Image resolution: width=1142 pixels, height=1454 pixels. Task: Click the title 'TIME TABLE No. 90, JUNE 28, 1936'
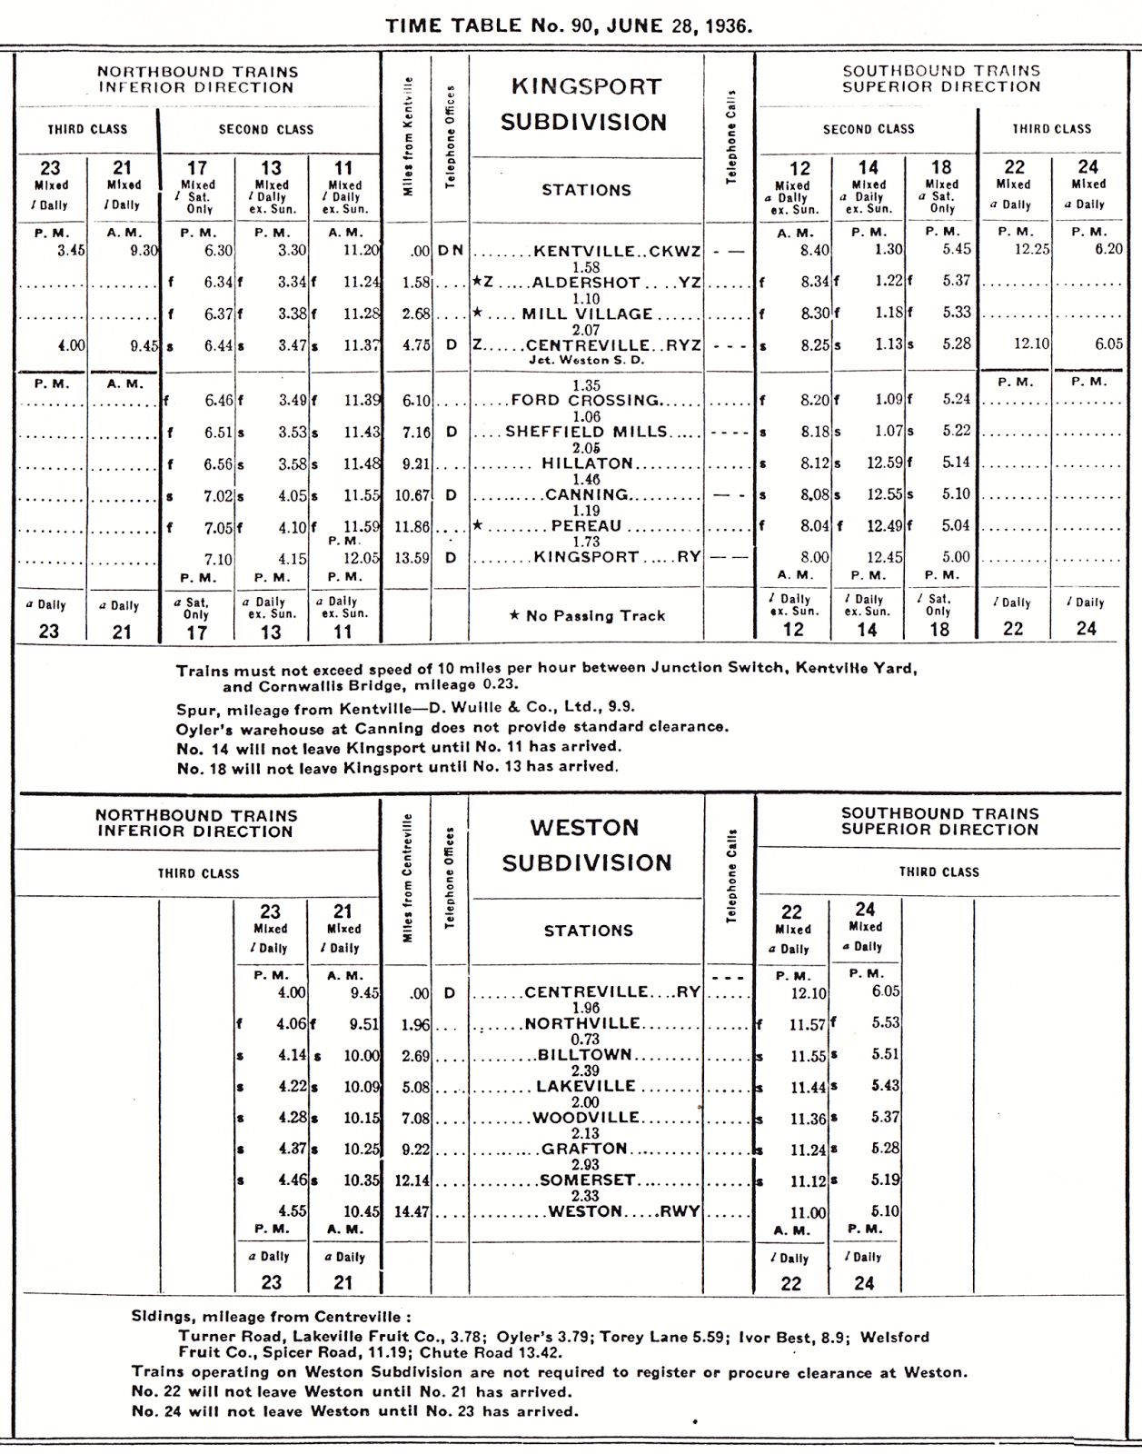[x=570, y=25]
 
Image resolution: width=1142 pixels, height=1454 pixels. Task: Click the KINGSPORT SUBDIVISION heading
[x=583, y=105]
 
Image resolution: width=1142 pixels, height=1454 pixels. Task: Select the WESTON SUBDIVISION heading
[x=586, y=845]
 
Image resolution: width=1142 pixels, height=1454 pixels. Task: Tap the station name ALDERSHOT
[x=586, y=283]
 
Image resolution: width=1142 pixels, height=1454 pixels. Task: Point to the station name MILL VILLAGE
[x=587, y=314]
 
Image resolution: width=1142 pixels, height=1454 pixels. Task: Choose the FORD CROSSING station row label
[x=585, y=400]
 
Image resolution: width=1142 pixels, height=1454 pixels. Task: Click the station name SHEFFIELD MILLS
[x=586, y=432]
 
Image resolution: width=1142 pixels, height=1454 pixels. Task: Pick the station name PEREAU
[x=586, y=526]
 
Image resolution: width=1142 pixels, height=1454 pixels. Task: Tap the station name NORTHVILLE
[x=582, y=1023]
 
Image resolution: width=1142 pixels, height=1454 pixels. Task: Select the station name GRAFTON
[x=584, y=1149]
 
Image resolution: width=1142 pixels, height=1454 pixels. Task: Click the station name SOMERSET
[x=585, y=1180]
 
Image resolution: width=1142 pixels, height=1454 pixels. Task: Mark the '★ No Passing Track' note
[x=587, y=616]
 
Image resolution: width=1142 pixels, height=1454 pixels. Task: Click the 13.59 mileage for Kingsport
[x=412, y=558]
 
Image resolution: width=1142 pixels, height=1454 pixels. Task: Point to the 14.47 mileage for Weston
[x=412, y=1211]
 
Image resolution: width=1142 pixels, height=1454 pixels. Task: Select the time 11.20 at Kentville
[x=361, y=251]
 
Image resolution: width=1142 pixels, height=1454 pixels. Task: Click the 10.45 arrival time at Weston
[x=361, y=1211]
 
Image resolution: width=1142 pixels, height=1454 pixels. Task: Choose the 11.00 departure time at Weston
[x=808, y=1212]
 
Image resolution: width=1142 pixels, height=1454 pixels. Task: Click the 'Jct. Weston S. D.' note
[x=587, y=360]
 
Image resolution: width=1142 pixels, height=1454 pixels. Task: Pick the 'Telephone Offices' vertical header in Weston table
[x=449, y=879]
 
